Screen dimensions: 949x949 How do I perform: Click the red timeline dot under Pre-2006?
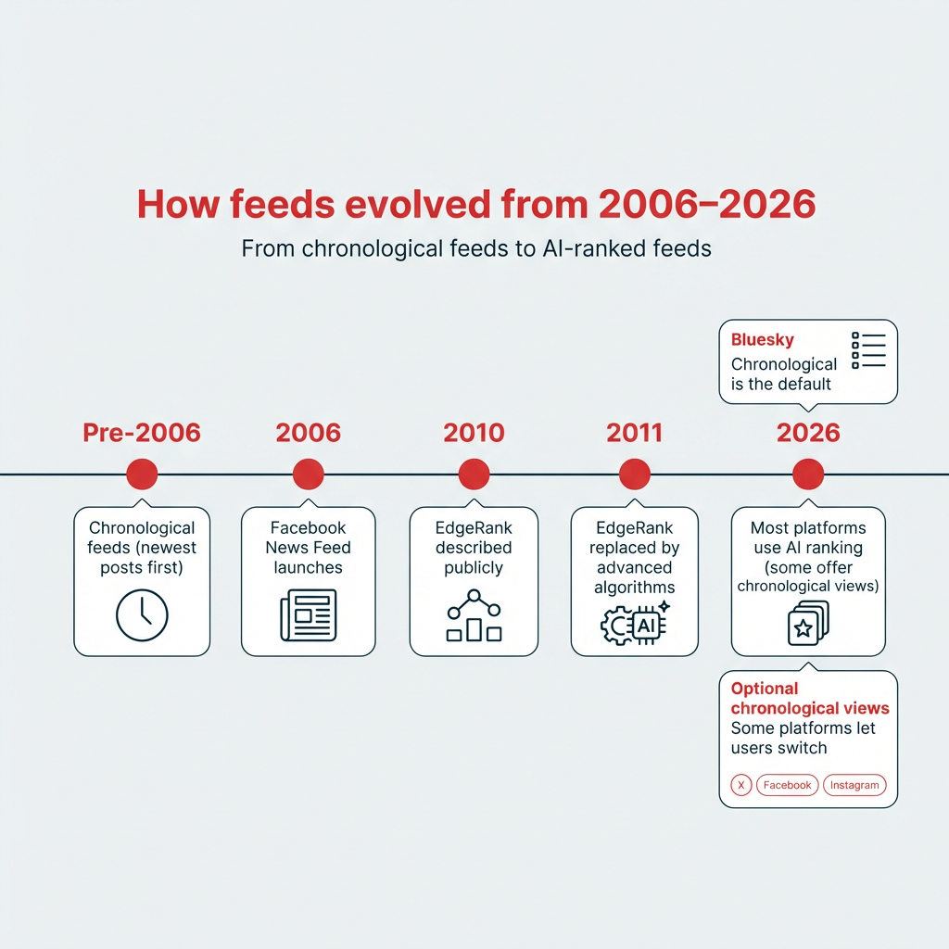[x=142, y=474]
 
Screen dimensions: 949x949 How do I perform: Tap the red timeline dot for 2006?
[x=308, y=474]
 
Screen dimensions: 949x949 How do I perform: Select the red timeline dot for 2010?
[x=474, y=474]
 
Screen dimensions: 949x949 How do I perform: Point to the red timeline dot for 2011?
[x=635, y=474]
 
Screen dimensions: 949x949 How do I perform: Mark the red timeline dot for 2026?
[x=808, y=474]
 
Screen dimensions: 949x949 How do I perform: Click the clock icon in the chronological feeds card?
[x=142, y=614]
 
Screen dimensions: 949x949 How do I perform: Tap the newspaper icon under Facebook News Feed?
[x=308, y=614]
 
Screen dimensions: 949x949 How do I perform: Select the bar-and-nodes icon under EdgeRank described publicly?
[x=474, y=616]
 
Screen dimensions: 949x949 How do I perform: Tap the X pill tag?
[x=740, y=785]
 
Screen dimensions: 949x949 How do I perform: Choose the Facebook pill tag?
[x=787, y=785]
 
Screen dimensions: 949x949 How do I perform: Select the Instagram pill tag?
[x=854, y=785]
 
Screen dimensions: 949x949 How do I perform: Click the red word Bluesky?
[x=763, y=340]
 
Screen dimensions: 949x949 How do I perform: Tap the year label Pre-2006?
[x=142, y=432]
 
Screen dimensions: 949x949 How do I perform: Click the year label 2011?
[x=635, y=432]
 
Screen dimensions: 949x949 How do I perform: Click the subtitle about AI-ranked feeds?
[x=475, y=248]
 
